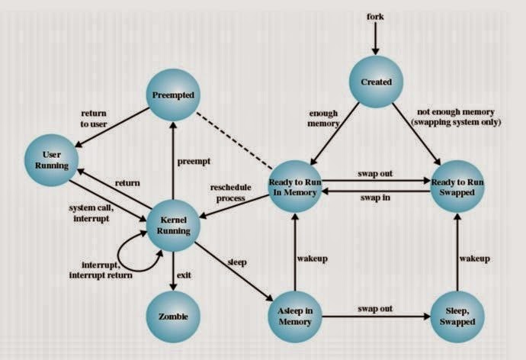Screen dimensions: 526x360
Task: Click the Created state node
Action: pos(375,82)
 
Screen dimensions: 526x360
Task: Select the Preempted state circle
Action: pos(173,95)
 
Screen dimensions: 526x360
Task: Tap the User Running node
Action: pos(51,159)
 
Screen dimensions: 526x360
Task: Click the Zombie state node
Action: pos(173,315)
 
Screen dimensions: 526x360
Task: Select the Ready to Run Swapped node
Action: pos(457,187)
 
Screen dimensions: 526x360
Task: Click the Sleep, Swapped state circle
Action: pos(457,316)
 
